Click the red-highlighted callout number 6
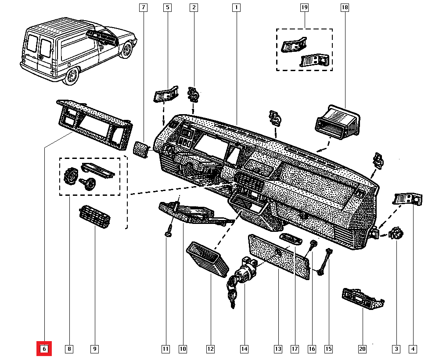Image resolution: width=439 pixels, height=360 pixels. (44, 349)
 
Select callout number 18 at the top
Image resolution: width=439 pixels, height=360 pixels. (344, 7)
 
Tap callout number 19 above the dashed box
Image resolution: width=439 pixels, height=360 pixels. (304, 7)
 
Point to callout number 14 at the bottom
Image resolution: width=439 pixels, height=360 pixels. (244, 349)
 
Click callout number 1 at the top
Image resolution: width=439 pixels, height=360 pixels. (236, 7)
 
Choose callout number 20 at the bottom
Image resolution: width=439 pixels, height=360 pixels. (362, 349)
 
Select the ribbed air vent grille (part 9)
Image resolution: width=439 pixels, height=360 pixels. (94, 218)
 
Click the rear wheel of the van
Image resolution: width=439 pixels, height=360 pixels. (71, 78)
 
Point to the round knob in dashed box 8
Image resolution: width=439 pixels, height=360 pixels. (70, 177)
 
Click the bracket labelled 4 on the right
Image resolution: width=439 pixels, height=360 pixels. (408, 199)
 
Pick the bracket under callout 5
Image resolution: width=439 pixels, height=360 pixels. (166, 94)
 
